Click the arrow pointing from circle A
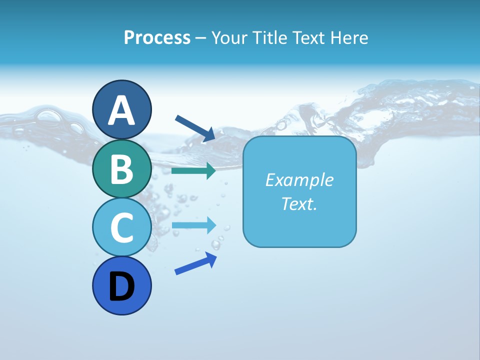tap(195, 128)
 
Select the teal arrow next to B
tap(193, 171)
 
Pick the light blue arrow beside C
tap(193, 225)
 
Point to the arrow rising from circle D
tap(195, 263)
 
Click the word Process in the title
tap(157, 37)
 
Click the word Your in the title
tap(229, 37)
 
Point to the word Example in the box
tap(299, 180)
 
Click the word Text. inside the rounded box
tap(299, 203)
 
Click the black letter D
tap(121, 287)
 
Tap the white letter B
tap(121, 169)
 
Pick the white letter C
tap(121, 227)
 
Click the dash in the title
tap(201, 38)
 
